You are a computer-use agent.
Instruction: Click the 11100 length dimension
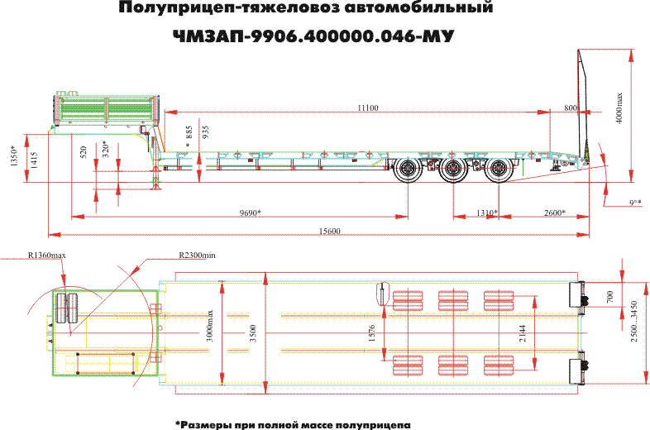click(368, 107)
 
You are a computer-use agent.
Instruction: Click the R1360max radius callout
click(46, 256)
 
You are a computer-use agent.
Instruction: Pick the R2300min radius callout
click(197, 256)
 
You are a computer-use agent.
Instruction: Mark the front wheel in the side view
click(407, 173)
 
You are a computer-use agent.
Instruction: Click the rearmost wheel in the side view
click(498, 173)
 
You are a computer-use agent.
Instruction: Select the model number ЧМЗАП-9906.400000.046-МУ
click(314, 36)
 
